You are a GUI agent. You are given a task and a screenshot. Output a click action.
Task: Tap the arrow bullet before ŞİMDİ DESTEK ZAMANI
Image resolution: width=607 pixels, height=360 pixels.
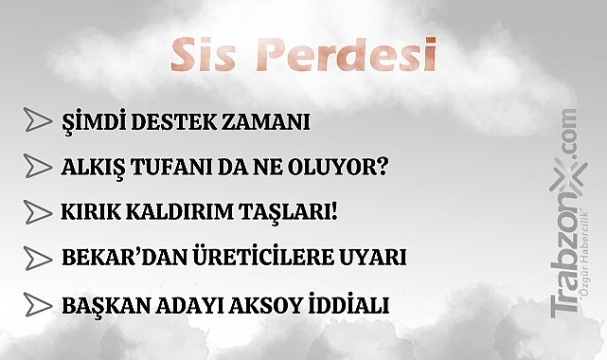[37, 120]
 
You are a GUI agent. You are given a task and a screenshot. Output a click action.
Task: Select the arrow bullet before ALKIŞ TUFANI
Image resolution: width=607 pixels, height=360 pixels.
[37, 167]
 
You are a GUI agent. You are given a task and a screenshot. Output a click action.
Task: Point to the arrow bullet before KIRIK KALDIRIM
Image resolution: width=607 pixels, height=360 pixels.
[37, 211]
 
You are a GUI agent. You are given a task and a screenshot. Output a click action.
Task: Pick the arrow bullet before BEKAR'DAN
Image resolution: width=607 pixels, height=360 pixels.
[37, 258]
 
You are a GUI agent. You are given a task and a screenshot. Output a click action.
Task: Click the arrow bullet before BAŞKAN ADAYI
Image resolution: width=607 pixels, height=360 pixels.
[37, 305]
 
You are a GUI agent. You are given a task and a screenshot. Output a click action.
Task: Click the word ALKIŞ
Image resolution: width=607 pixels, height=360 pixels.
[92, 167]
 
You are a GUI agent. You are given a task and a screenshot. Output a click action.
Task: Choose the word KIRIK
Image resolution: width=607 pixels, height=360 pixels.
[90, 212]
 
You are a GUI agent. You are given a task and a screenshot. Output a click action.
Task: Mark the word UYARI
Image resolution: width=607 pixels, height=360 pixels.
[375, 258]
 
